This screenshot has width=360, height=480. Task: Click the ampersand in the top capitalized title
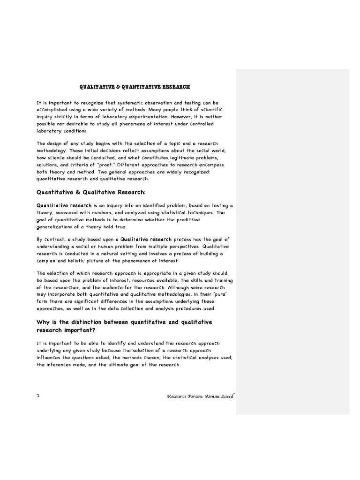point(119,87)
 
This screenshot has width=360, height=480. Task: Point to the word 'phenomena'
point(125,124)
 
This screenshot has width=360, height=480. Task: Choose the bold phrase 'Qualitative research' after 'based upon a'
point(146,239)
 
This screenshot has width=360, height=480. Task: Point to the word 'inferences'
point(63,365)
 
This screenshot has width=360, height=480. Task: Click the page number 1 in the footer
point(38,396)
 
